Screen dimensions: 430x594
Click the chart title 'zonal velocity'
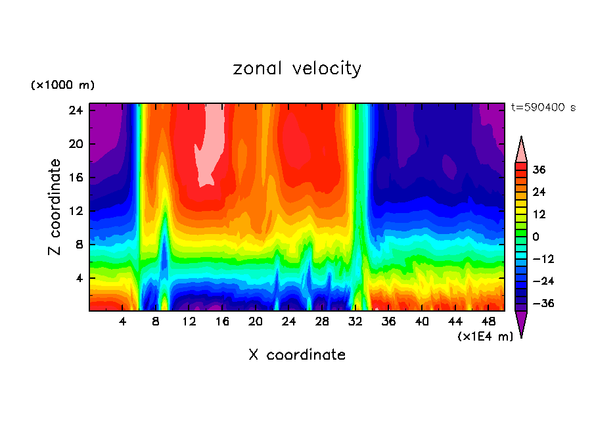click(x=297, y=68)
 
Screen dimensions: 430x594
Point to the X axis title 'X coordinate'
click(x=297, y=355)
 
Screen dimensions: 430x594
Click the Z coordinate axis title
click(x=55, y=207)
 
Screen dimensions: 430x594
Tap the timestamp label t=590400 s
click(x=543, y=107)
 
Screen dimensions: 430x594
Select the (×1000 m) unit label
click(x=62, y=85)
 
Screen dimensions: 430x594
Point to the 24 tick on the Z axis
click(x=76, y=110)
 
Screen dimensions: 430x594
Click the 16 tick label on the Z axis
click(x=76, y=178)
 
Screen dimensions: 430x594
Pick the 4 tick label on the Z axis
click(x=78, y=278)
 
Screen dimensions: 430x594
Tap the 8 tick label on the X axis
click(x=156, y=322)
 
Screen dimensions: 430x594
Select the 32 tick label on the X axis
click(x=355, y=322)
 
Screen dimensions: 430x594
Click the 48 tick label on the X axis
click(x=488, y=322)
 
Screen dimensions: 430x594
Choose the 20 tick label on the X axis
click(x=256, y=322)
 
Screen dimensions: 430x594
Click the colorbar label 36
click(x=539, y=170)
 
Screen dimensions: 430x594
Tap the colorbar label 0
click(x=536, y=237)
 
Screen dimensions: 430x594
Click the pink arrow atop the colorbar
click(x=521, y=151)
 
